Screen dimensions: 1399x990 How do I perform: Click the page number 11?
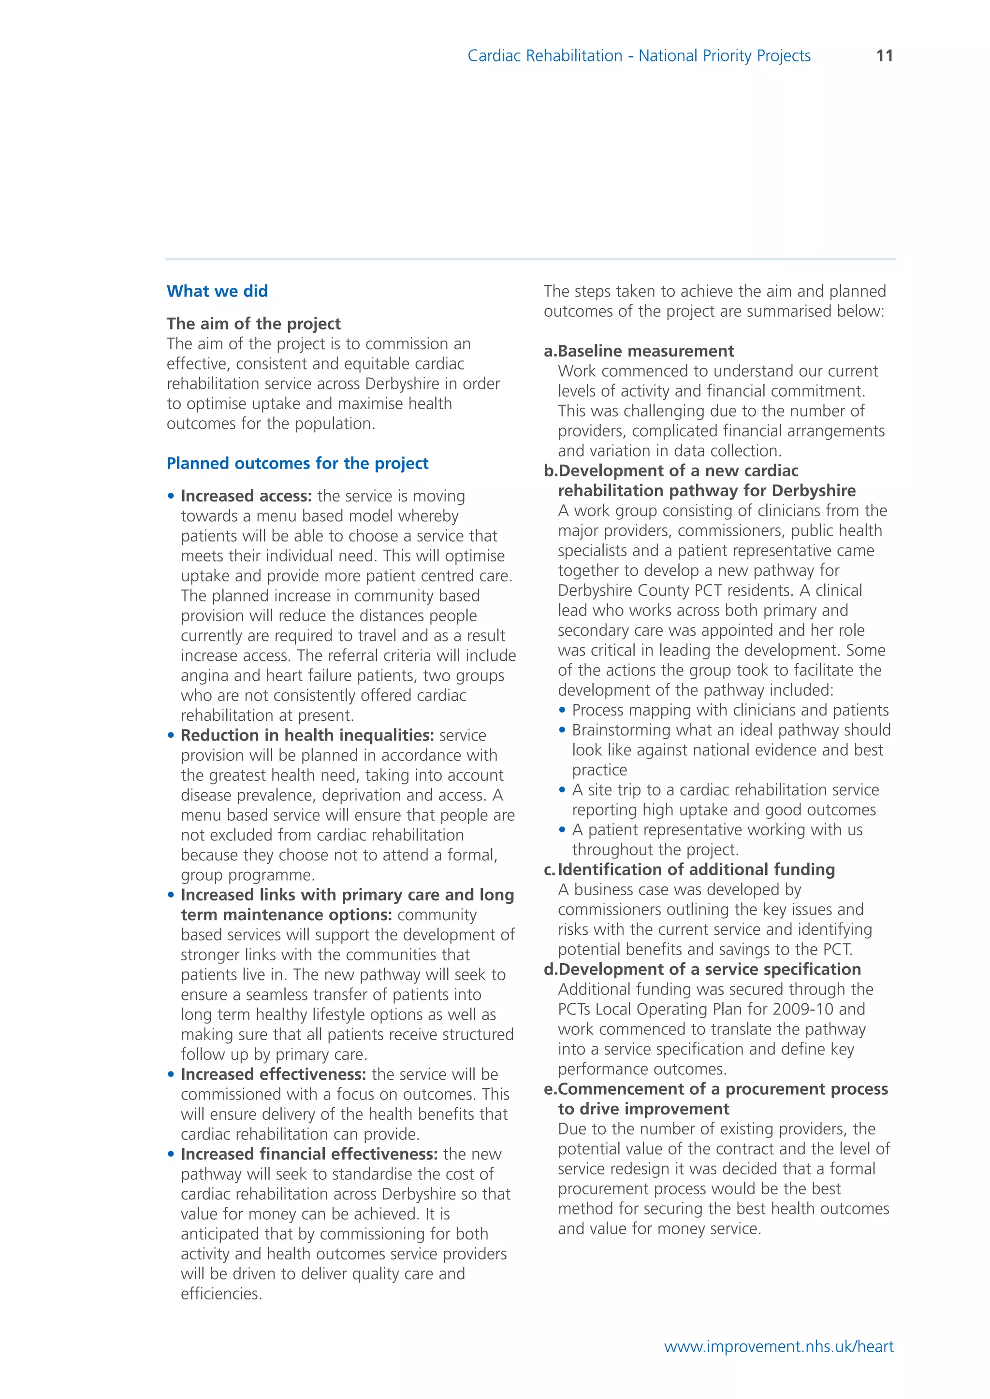tap(884, 56)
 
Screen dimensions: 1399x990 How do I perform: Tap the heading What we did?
tap(217, 291)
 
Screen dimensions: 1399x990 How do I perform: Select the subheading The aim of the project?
tap(254, 324)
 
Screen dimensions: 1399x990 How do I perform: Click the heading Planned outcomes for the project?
tap(297, 463)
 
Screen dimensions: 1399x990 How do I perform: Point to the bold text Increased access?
tap(246, 496)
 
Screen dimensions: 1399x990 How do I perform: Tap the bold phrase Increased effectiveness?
tap(273, 1074)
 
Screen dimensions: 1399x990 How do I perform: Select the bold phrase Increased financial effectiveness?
tap(309, 1154)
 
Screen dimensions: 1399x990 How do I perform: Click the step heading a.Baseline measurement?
tap(639, 351)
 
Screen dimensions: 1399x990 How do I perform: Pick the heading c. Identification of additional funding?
tap(689, 870)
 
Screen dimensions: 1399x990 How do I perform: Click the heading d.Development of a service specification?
tap(702, 970)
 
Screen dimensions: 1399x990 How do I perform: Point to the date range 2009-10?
tap(803, 1009)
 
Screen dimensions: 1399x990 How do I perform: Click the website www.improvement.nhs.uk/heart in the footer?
tap(778, 1347)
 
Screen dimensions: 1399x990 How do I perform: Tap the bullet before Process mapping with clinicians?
tap(562, 711)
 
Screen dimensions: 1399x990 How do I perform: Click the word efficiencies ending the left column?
tap(221, 1294)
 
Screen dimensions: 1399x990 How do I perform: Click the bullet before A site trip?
tap(562, 790)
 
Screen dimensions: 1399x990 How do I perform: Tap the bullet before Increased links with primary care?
tap(171, 896)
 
